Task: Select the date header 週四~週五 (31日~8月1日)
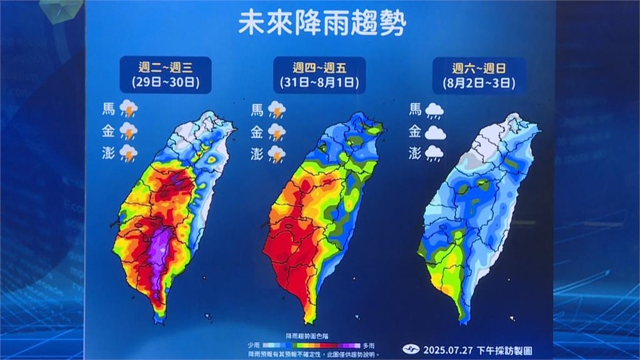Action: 319,74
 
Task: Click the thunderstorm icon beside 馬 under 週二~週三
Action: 129,109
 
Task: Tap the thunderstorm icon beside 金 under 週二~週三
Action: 129,131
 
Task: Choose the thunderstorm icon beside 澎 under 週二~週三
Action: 129,153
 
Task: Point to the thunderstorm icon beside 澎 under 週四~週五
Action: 277,153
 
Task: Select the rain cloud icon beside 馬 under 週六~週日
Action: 435,111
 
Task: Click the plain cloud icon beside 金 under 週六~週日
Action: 435,132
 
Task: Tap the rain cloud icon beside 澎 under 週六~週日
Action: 435,153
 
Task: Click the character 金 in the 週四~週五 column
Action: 257,132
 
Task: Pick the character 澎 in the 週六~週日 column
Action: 415,153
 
